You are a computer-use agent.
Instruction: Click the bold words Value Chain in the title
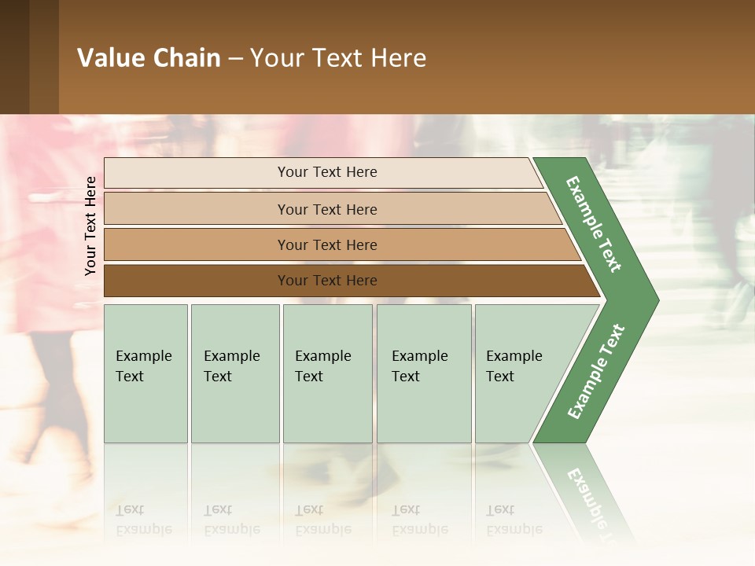pos(149,58)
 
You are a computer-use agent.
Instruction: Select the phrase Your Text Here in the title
pos(338,58)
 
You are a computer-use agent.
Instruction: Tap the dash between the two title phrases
pos(235,59)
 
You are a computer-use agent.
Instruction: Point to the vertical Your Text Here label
pos(90,226)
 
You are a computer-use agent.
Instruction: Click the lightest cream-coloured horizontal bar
pos(327,172)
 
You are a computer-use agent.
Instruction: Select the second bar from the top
pos(327,209)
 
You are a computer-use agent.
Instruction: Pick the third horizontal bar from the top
pos(327,244)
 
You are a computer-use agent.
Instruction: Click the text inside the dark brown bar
pos(327,281)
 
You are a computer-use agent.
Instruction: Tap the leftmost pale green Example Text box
pos(145,373)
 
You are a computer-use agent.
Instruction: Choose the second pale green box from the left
pos(234,373)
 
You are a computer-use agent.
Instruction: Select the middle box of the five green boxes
pos(327,373)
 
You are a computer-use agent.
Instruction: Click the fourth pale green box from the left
pos(424,373)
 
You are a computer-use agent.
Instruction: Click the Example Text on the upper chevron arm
pos(594,225)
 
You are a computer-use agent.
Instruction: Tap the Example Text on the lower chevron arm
pos(596,371)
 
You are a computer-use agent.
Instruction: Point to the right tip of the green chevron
pos(657,300)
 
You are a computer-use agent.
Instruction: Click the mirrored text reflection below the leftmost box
pos(144,520)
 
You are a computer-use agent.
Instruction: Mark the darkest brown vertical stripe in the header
pos(14,57)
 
